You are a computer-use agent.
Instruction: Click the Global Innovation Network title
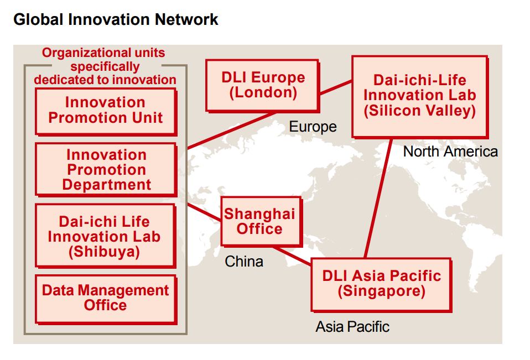pyautogui.click(x=116, y=19)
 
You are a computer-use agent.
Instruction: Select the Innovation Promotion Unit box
pyautogui.click(x=106, y=112)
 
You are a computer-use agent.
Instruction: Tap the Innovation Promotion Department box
pyautogui.click(x=106, y=170)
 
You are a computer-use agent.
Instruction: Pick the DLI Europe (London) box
pyautogui.click(x=263, y=86)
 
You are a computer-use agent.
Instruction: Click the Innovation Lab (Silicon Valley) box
pyautogui.click(x=420, y=97)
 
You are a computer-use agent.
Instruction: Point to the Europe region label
pyautogui.click(x=313, y=127)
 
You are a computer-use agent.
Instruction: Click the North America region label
pyautogui.click(x=450, y=152)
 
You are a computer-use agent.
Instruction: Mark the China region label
pyautogui.click(x=244, y=262)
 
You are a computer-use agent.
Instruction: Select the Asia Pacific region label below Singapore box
pyautogui.click(x=352, y=327)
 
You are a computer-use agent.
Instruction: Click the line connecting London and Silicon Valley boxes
pyautogui.click(x=336, y=87)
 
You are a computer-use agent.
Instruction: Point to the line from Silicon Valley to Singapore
pyautogui.click(x=378, y=199)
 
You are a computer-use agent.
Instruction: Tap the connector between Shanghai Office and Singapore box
pyautogui.click(x=292, y=256)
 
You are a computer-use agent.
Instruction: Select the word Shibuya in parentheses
pyautogui.click(x=104, y=252)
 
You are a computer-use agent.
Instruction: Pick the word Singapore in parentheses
pyautogui.click(x=382, y=291)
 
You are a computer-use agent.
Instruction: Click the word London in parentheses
pyautogui.click(x=263, y=93)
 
